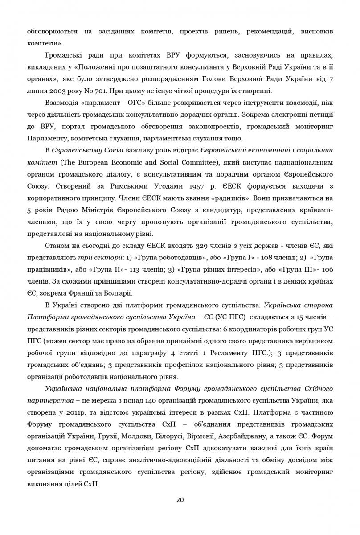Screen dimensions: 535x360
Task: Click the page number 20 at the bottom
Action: pos(180,499)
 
